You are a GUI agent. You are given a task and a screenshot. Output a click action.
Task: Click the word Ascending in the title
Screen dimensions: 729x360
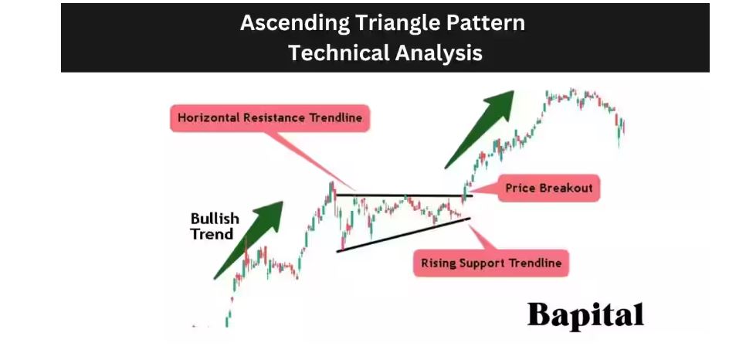(x=295, y=23)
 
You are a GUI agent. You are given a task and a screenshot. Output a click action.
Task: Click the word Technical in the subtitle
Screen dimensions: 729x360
(x=338, y=52)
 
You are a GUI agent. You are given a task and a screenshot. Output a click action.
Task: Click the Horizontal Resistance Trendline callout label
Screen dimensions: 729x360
(x=270, y=117)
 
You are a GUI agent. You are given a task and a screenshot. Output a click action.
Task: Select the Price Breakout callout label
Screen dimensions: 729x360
(x=548, y=188)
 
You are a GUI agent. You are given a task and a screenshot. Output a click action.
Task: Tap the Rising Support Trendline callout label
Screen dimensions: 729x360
(x=491, y=263)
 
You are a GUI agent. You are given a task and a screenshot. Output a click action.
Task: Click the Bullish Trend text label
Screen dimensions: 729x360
(x=215, y=226)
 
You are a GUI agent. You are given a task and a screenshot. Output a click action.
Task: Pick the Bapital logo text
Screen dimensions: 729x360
(x=586, y=315)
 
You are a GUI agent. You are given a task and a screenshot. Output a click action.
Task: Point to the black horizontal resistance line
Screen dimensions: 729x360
(x=404, y=195)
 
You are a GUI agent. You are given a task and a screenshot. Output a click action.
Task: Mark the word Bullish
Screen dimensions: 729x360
(x=215, y=219)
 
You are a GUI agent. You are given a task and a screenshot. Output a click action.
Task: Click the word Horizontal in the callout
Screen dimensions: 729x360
(x=209, y=117)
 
